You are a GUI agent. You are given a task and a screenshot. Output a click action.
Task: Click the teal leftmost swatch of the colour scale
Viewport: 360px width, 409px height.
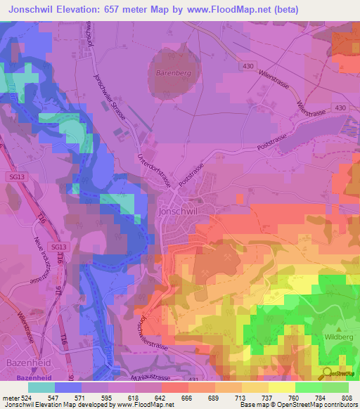tap(41, 387)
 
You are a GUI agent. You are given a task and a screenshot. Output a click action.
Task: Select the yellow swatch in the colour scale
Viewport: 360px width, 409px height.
tap(282, 387)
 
